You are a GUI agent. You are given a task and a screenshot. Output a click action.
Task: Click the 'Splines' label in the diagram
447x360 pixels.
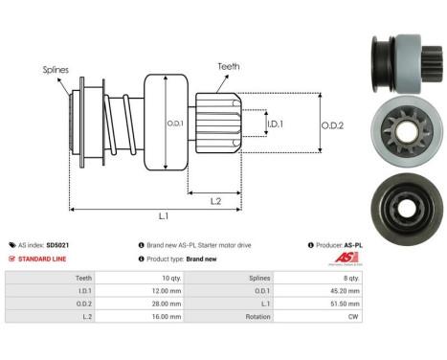[55, 70]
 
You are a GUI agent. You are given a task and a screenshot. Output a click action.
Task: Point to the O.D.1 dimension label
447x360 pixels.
[175, 122]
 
